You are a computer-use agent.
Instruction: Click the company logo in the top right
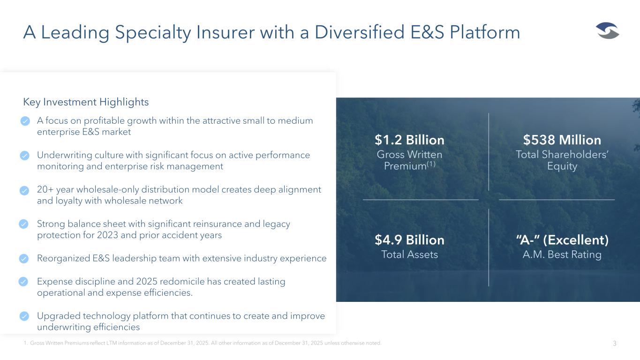[x=608, y=30]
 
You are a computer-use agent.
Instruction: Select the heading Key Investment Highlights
[x=86, y=102]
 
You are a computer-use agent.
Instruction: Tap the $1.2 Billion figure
[x=409, y=140]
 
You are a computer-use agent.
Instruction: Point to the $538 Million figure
[x=562, y=140]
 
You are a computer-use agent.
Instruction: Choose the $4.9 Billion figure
[x=409, y=240]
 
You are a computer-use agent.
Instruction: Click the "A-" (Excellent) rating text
[x=562, y=240]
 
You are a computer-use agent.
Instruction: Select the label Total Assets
[x=409, y=255]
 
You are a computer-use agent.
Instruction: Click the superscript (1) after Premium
[x=431, y=164]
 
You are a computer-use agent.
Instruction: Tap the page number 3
[x=615, y=344]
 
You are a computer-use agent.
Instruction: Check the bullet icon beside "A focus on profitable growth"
[x=25, y=121]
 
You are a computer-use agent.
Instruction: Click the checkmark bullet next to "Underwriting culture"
[x=24, y=156]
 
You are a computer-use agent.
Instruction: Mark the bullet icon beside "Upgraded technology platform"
[x=24, y=316]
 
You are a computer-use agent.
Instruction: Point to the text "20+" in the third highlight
[x=45, y=189]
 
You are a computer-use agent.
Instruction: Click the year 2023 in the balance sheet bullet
[x=107, y=235]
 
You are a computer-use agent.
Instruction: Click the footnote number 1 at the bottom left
[x=25, y=343]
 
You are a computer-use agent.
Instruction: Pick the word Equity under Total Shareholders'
[x=562, y=166]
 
